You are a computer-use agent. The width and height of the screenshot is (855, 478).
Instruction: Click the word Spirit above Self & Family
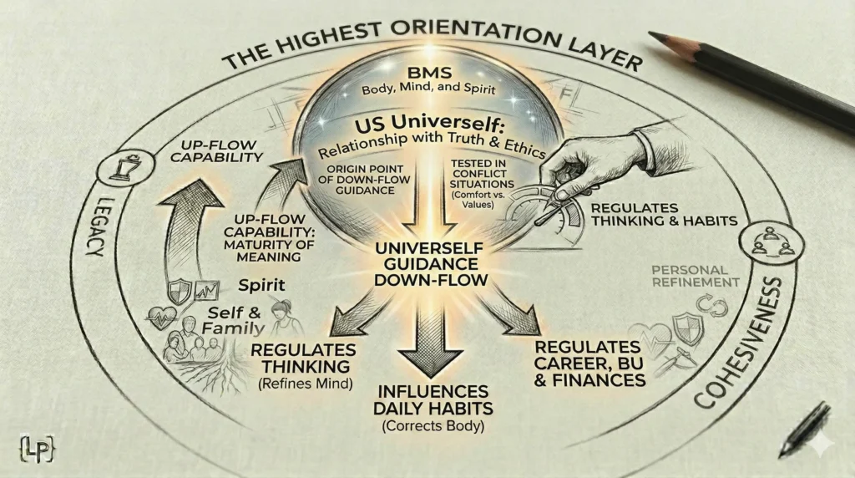click(255, 284)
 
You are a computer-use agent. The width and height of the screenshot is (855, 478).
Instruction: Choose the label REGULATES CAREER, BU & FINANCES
click(589, 364)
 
